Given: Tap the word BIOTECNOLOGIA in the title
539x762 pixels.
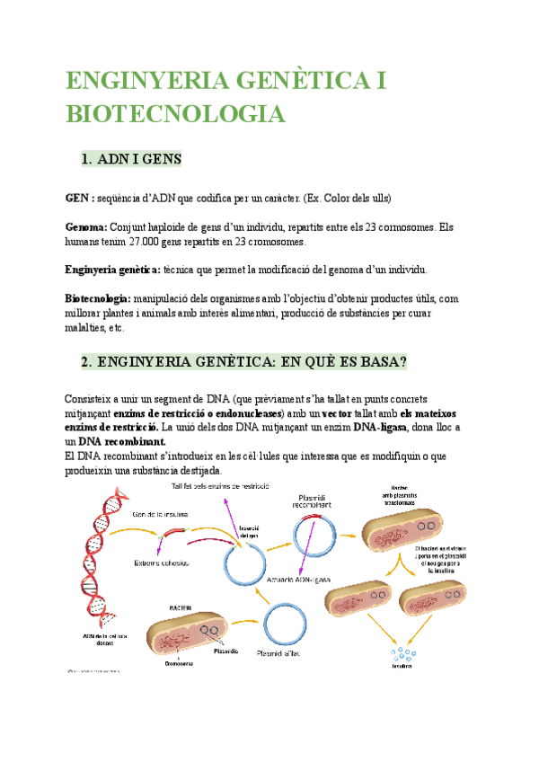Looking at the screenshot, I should [x=175, y=115].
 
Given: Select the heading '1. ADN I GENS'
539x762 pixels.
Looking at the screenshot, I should [x=131, y=159].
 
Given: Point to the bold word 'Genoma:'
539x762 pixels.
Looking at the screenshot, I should [x=87, y=227].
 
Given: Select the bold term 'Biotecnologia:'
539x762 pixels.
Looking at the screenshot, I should [x=98, y=298].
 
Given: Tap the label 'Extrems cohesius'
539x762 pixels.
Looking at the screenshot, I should [x=162, y=563].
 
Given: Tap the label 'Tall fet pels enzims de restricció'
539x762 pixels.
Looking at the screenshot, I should [x=225, y=486].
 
